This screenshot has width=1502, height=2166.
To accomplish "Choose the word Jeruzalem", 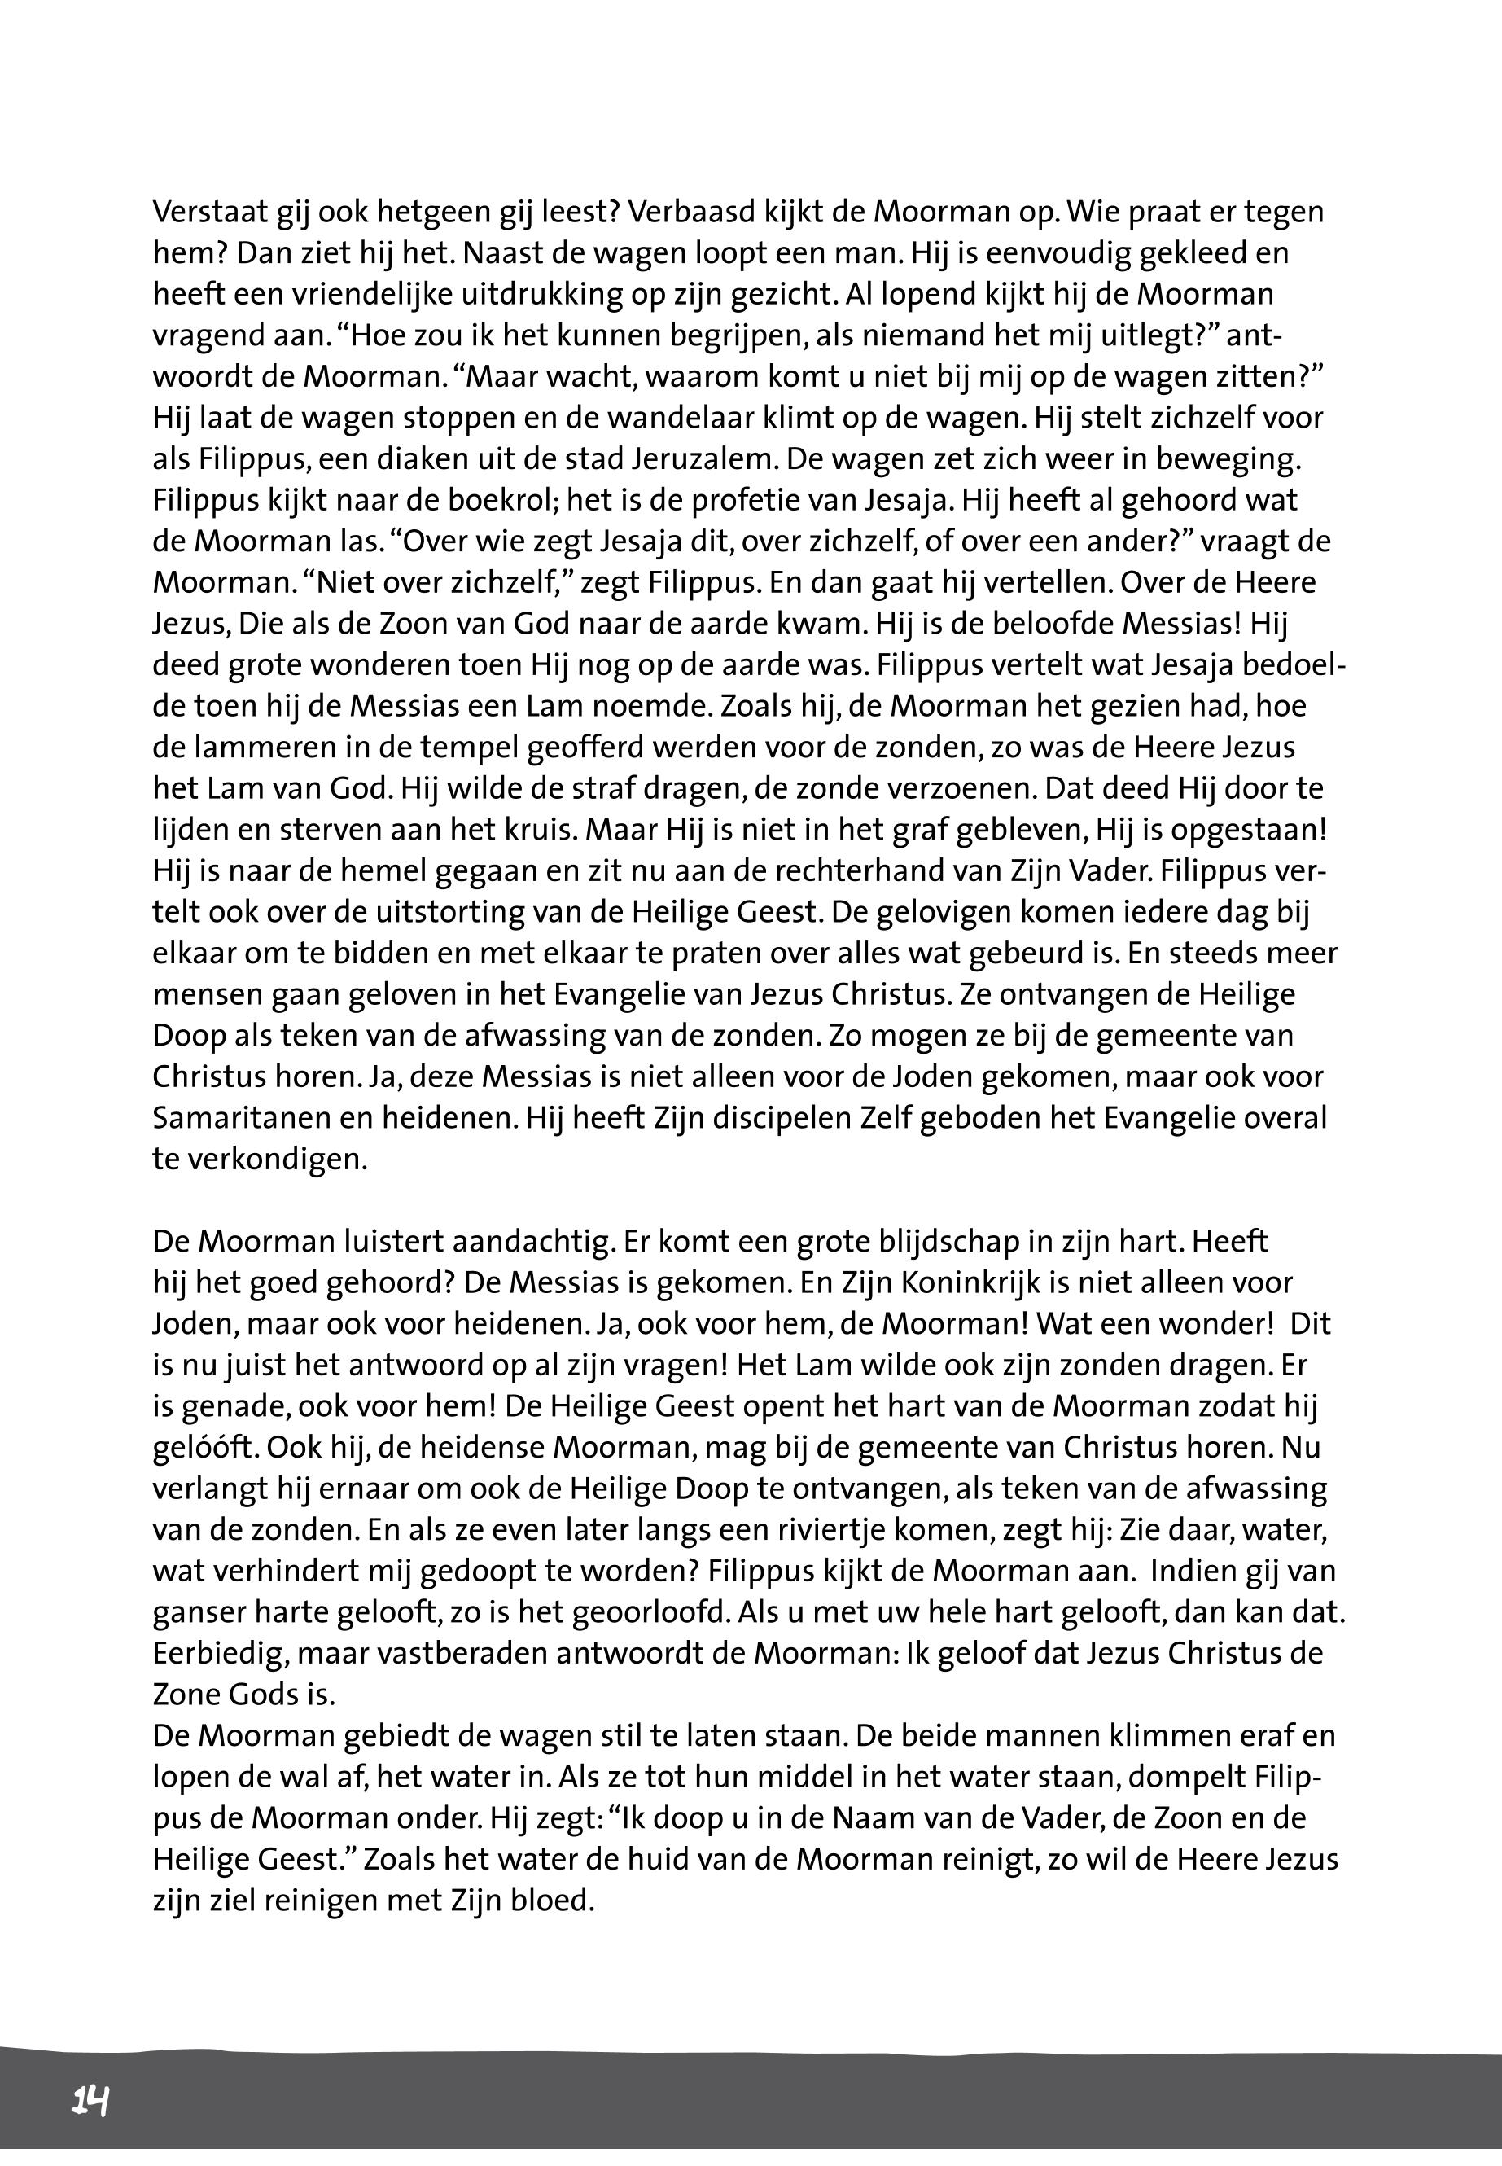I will [x=694, y=460].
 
